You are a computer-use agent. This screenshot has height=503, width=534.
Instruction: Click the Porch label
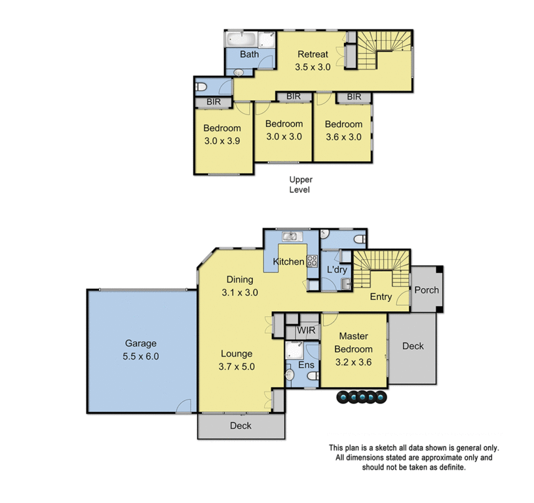427,290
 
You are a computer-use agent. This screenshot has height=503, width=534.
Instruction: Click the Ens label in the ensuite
306,365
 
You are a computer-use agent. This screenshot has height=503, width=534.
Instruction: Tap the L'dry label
336,270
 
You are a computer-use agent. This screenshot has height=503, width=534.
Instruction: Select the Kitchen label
288,262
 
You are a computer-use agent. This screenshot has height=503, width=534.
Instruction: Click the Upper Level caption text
301,184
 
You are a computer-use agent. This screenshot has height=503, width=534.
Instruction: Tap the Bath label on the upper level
249,54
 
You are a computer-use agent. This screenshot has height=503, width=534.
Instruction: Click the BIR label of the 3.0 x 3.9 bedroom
213,102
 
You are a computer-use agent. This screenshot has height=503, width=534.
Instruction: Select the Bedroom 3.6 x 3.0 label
343,130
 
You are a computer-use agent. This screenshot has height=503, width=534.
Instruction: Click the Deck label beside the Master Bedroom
413,346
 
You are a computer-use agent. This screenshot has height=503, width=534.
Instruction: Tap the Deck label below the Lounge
240,426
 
